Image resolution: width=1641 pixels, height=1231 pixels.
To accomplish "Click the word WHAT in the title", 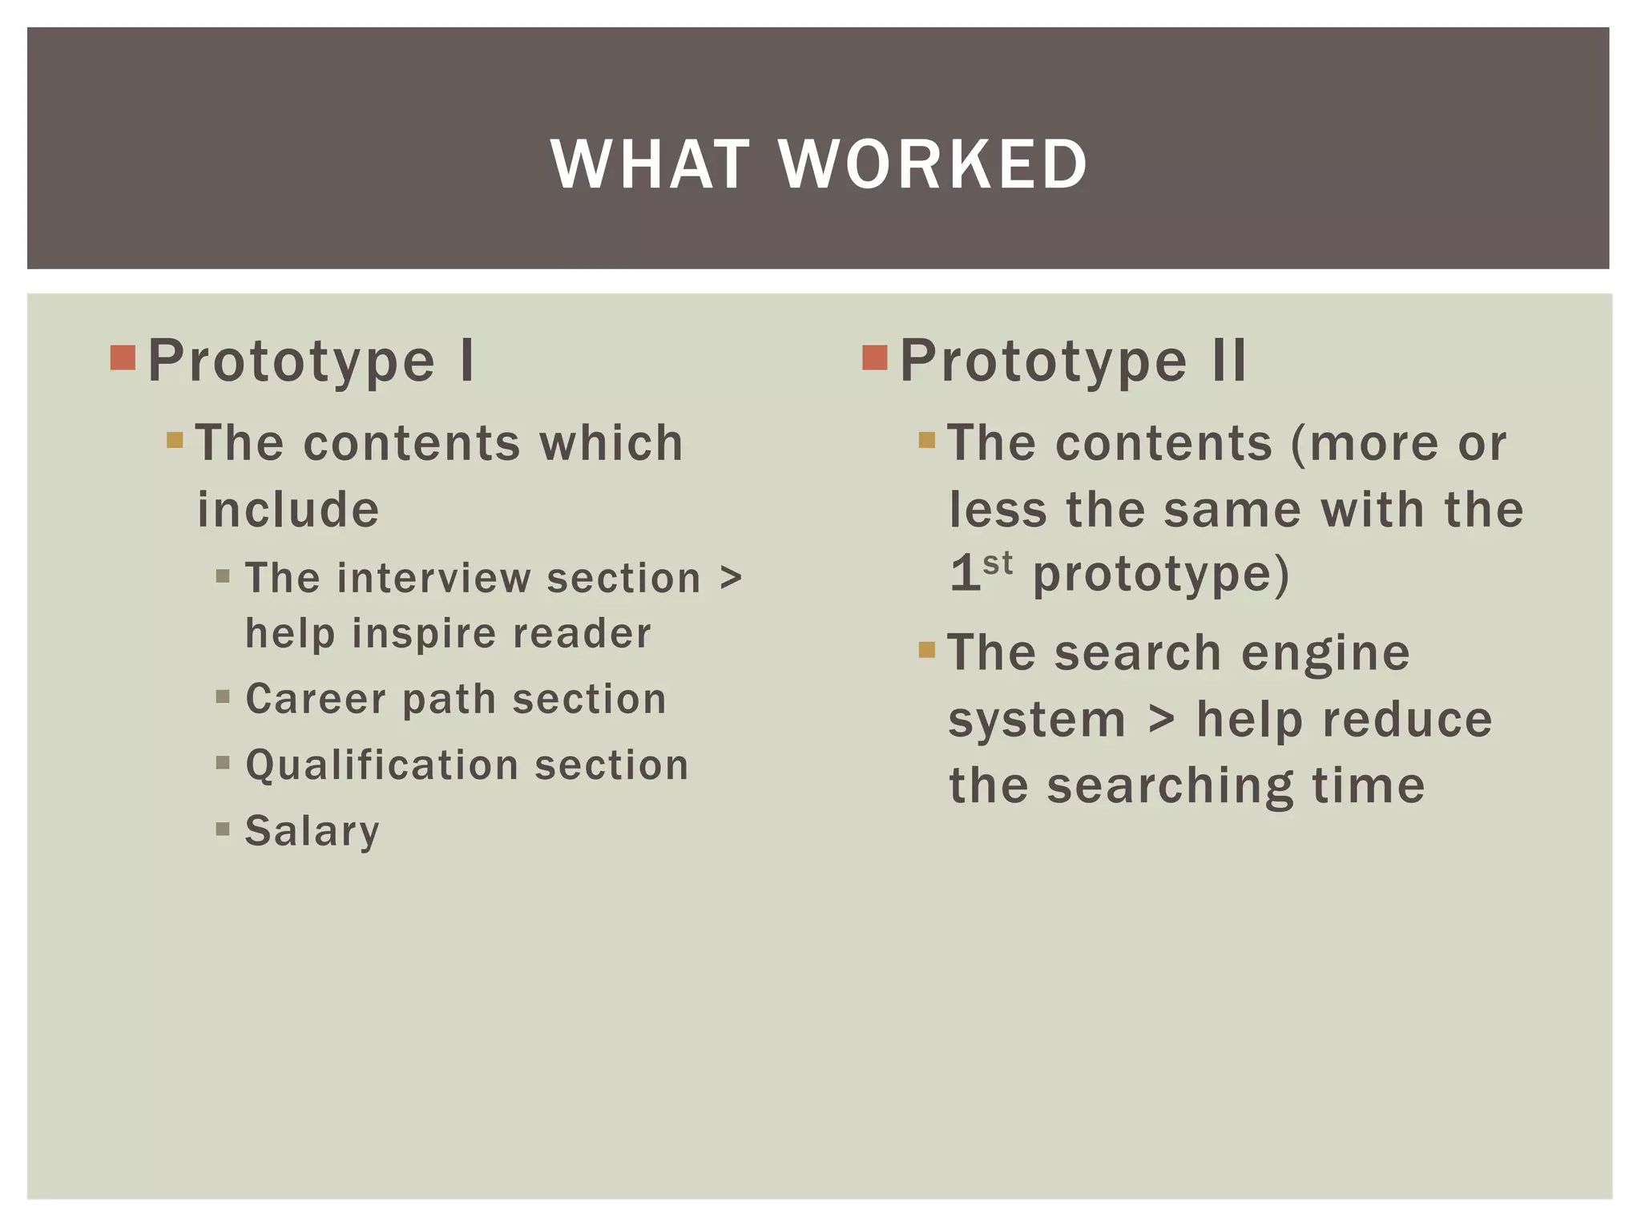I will pyautogui.click(x=651, y=164).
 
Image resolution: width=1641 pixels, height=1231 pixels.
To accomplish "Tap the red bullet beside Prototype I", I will pyautogui.click(x=123, y=357).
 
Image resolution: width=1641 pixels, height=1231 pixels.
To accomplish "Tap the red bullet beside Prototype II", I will pyautogui.click(x=875, y=357).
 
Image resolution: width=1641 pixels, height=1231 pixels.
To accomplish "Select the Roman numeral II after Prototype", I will pyautogui.click(x=1229, y=361).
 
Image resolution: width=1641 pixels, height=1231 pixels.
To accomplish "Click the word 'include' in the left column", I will pyautogui.click(x=288, y=510).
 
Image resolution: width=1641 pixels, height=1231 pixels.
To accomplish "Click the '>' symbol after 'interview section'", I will pyautogui.click(x=730, y=578).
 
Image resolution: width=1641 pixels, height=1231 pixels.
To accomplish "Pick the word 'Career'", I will pyautogui.click(x=315, y=699).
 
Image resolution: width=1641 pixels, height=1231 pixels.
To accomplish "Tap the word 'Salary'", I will pyautogui.click(x=312, y=831).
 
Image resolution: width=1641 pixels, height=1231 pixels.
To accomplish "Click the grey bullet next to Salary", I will pyautogui.click(x=223, y=828).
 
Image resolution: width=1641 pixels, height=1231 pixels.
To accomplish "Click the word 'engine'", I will pyautogui.click(x=1325, y=652).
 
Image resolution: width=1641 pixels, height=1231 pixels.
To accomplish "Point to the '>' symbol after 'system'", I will pyautogui.click(x=1161, y=719).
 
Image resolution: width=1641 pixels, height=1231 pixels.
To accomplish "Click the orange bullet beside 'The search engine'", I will pyautogui.click(x=927, y=649).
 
